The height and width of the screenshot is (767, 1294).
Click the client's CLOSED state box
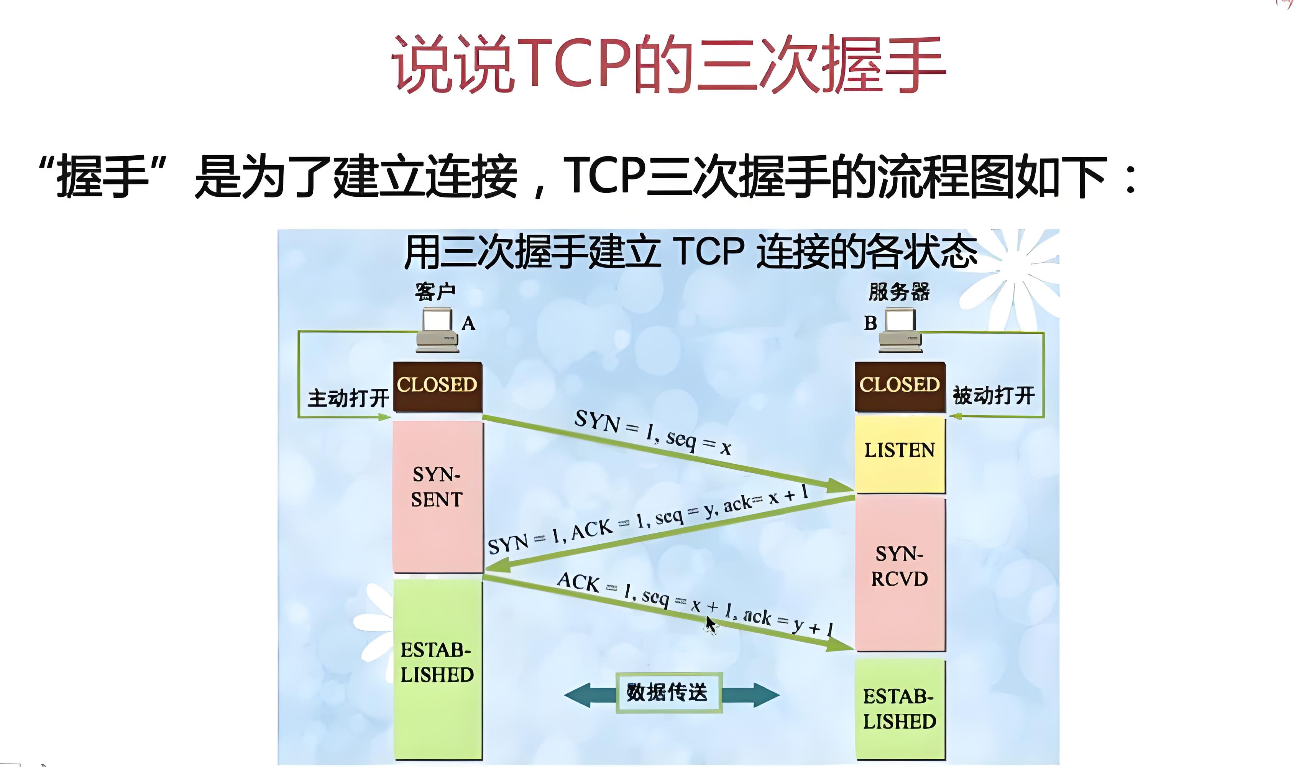click(x=438, y=387)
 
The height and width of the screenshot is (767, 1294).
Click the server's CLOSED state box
click(x=900, y=387)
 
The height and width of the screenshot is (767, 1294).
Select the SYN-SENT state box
click(x=438, y=497)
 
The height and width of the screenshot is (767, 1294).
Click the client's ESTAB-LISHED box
click(x=438, y=669)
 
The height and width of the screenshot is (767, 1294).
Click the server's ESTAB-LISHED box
click(x=900, y=709)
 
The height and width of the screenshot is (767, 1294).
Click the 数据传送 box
click(x=668, y=693)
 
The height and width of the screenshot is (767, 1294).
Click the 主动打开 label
click(x=348, y=398)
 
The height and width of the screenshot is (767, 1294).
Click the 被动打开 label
click(x=994, y=395)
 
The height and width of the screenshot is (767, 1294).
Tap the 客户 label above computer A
click(x=435, y=291)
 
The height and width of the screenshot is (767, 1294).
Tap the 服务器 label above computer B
click(x=899, y=291)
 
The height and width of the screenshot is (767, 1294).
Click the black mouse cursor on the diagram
click(x=711, y=625)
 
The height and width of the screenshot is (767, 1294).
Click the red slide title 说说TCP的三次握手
click(x=669, y=64)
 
